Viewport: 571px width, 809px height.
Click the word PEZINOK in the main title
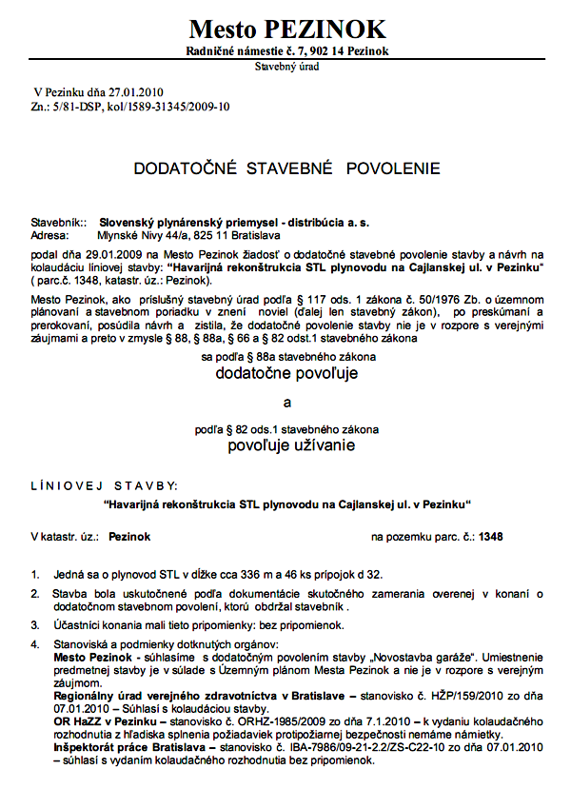[326, 29]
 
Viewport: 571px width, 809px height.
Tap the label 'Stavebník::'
[59, 221]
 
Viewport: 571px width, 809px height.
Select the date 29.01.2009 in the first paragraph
[109, 254]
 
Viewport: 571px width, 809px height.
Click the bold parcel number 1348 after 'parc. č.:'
[492, 537]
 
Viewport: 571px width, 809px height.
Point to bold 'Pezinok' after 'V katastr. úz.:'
[129, 537]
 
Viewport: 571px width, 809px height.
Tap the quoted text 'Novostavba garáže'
[419, 658]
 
